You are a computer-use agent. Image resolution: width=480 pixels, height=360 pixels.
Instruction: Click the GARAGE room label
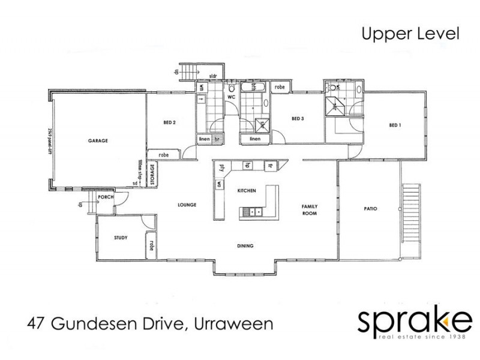coord(97,141)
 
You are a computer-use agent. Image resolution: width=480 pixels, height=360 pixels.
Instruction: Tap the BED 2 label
coord(169,122)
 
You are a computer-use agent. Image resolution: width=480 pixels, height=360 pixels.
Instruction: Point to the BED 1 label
coord(394,125)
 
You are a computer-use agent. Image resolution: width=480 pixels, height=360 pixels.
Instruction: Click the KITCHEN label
coord(247,190)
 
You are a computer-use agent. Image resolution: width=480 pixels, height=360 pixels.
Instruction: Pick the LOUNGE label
coord(187,205)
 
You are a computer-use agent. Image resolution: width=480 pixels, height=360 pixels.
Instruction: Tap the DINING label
coord(245,246)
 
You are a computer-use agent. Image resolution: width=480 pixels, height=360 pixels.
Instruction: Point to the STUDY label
coord(121,238)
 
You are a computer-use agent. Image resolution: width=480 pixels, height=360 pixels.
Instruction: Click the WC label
coord(229,97)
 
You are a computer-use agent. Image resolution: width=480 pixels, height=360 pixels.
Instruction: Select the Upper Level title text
coord(410,33)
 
